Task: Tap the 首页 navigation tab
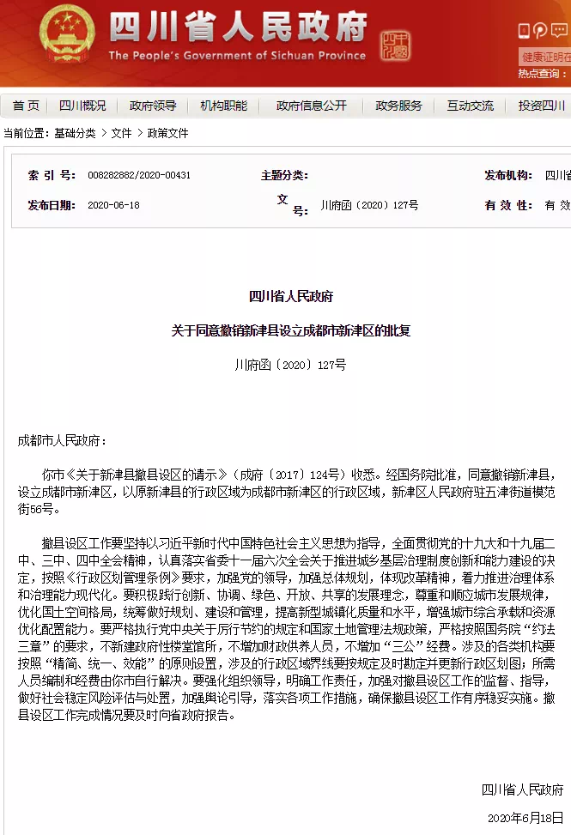click(x=26, y=106)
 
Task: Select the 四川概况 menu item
click(x=82, y=106)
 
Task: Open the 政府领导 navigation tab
click(x=153, y=106)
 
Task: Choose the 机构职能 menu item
click(x=223, y=106)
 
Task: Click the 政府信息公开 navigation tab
click(x=312, y=106)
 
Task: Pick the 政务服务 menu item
click(x=399, y=106)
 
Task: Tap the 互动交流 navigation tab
click(x=470, y=106)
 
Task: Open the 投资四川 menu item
click(x=541, y=106)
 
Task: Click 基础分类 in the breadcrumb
click(x=75, y=133)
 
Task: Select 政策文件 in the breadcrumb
click(x=167, y=133)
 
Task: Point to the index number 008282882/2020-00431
click(x=139, y=175)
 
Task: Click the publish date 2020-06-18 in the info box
click(x=113, y=206)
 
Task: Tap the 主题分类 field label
click(x=283, y=175)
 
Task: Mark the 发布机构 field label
click(x=507, y=175)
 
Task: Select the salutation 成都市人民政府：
click(x=62, y=440)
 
